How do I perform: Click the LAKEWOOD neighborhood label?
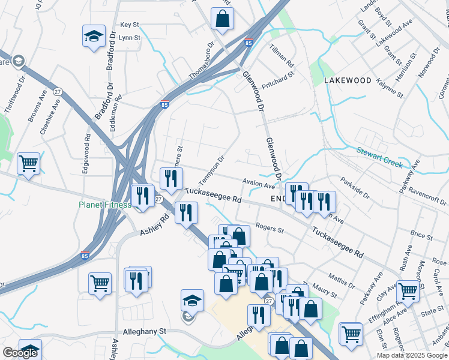(348, 80)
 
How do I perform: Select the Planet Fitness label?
(104, 205)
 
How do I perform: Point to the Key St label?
(130, 25)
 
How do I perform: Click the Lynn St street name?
(130, 37)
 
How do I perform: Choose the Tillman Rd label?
(282, 55)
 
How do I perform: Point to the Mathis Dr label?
(342, 279)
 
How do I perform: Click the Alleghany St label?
(145, 331)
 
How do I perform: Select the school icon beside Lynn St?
(94, 37)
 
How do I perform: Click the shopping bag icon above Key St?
(222, 18)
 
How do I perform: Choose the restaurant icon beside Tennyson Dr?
(171, 178)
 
